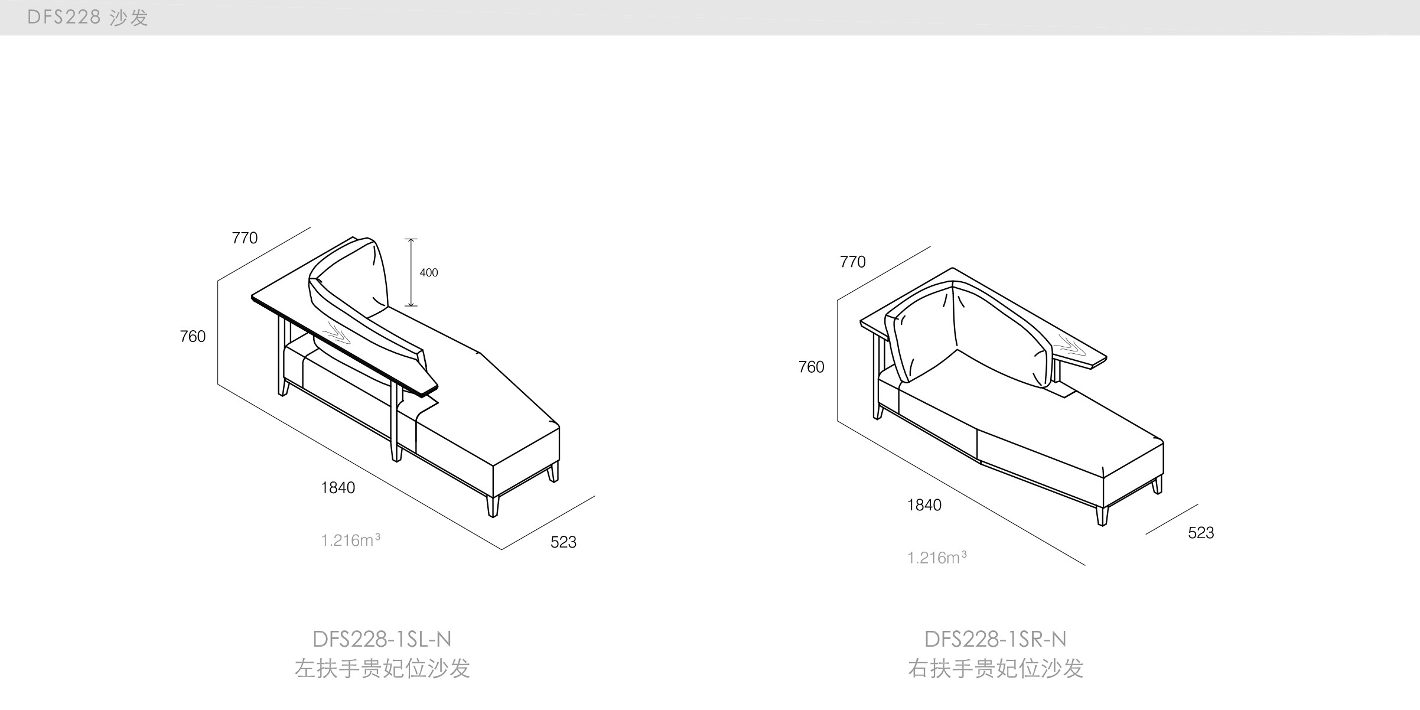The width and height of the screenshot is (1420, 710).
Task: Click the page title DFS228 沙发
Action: (87, 17)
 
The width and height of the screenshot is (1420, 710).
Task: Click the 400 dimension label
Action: (429, 272)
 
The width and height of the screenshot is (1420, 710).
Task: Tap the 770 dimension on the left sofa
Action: (245, 237)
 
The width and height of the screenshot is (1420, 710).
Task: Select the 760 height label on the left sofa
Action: (193, 336)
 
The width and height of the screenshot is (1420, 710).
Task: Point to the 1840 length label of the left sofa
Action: (338, 487)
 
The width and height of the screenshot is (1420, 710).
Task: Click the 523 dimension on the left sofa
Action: (563, 542)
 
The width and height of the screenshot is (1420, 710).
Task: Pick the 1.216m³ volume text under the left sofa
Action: (350, 540)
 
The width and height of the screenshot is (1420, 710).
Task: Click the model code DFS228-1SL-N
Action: (382, 639)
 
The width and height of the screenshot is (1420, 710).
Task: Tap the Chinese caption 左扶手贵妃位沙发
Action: (382, 669)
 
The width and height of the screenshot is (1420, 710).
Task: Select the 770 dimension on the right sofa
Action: (852, 262)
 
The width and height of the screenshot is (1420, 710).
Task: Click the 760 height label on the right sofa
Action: (811, 367)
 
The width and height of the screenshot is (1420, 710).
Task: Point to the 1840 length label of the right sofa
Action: (924, 504)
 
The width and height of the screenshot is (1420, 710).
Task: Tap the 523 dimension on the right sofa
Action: (1201, 532)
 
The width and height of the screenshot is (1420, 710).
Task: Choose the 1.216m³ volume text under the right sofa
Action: (937, 557)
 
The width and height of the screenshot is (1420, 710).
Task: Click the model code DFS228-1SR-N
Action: (995, 639)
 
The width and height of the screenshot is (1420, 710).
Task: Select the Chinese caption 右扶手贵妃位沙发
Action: (995, 669)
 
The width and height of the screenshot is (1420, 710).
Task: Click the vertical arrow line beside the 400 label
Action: (411, 272)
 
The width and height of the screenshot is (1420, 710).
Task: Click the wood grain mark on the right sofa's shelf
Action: (1070, 343)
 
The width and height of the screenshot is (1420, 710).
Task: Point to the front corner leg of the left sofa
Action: (493, 506)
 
